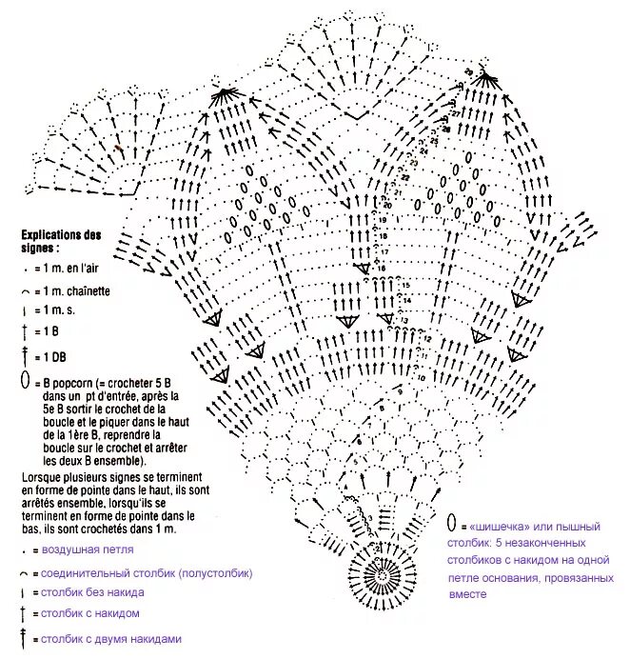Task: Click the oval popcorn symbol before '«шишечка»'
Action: [x=452, y=524]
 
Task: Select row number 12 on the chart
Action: [x=426, y=339]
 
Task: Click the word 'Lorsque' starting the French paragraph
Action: [x=41, y=476]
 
